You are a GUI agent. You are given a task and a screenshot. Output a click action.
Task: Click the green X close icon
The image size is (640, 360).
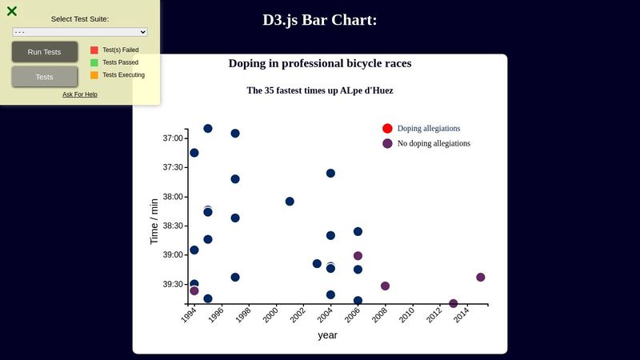coord(12,11)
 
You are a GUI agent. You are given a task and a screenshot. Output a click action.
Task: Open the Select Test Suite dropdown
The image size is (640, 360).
coord(80,32)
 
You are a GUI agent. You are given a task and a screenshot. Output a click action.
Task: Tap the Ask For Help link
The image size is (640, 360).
coord(80,94)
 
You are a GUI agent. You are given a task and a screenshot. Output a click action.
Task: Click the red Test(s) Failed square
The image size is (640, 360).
coord(94,50)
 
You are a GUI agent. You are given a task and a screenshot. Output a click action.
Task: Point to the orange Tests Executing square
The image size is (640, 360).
coord(94,75)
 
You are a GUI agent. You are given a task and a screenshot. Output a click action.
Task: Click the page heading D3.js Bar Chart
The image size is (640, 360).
coord(319,20)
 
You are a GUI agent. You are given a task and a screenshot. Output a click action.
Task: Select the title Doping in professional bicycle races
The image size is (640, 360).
coord(320,63)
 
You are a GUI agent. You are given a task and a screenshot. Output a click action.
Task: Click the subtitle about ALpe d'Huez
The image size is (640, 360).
coord(320,90)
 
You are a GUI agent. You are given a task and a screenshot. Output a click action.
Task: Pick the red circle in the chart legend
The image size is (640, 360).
coord(387,129)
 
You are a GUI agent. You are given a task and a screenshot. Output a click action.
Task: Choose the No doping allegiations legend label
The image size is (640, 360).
coord(434,143)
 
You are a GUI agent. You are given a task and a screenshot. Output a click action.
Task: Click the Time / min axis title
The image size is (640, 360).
coord(154,221)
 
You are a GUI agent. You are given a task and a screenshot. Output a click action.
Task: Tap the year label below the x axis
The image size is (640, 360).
coord(327,335)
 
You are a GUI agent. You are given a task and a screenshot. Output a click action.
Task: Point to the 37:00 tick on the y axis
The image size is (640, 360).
coord(174,138)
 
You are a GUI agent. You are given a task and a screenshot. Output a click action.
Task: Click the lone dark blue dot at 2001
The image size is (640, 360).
coord(290,202)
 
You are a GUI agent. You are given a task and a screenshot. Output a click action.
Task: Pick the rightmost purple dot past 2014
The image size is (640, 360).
coord(481,278)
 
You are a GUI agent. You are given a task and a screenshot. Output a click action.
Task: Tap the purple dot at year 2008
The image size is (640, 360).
coord(385,286)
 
